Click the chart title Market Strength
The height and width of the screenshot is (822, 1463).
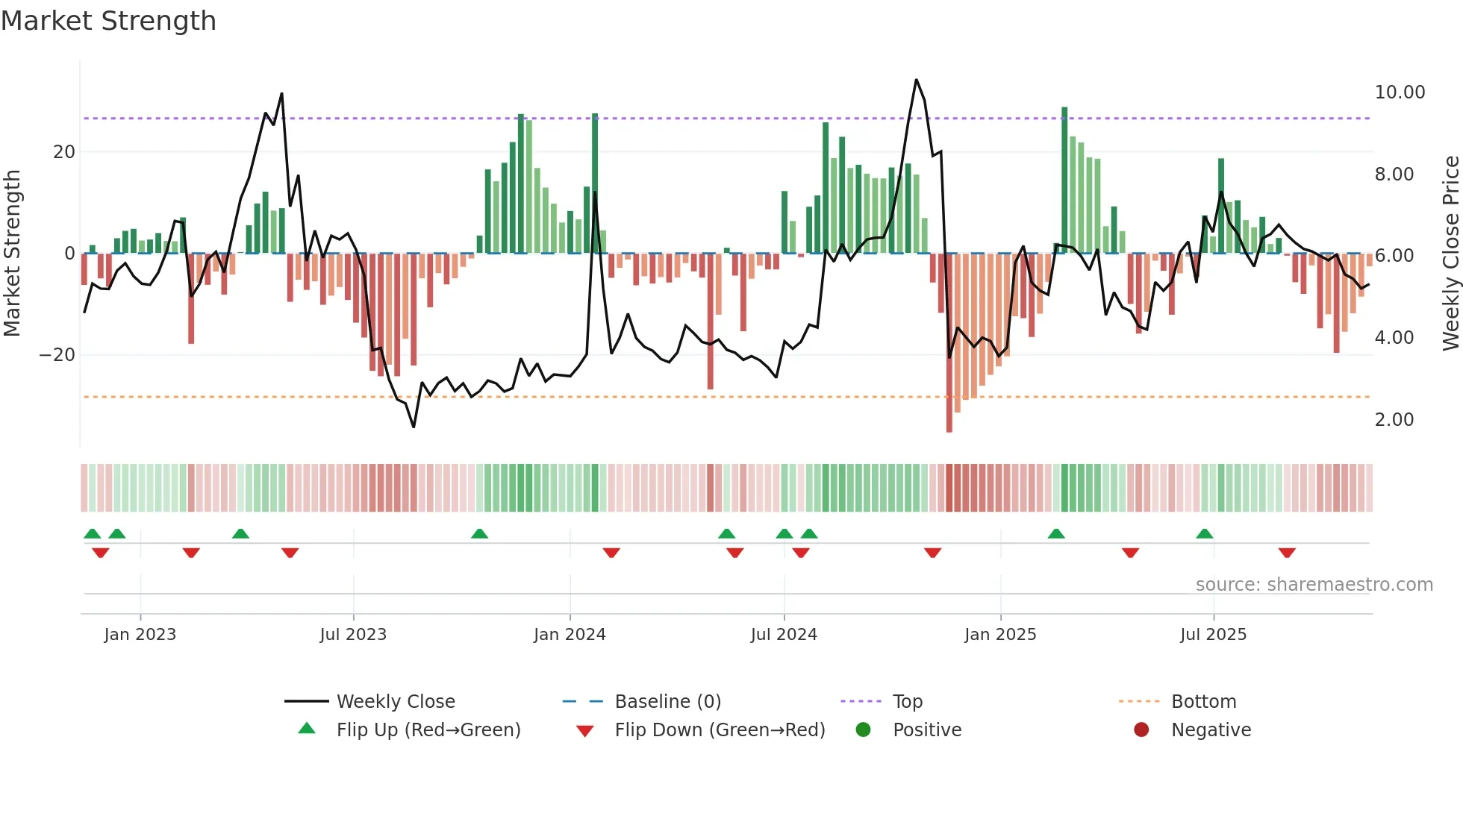click(108, 21)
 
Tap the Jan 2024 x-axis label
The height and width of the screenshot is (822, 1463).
click(570, 635)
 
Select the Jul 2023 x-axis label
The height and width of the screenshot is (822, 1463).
click(353, 635)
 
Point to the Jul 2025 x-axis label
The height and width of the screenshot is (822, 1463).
click(1213, 635)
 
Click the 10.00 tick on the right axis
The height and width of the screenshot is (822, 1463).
click(1400, 92)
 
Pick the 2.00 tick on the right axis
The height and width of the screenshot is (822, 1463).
click(1394, 420)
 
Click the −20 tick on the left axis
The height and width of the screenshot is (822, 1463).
click(57, 355)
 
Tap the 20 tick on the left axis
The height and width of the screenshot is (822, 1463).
click(64, 152)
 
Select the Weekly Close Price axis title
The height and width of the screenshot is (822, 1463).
click(1450, 253)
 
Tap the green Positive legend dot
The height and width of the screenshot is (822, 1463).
click(864, 730)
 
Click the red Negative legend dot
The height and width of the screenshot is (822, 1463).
click(1141, 730)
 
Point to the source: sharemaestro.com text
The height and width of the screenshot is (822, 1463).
click(1314, 585)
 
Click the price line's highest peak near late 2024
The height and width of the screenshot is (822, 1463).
click(916, 80)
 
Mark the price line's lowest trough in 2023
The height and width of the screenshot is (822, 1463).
click(414, 427)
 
